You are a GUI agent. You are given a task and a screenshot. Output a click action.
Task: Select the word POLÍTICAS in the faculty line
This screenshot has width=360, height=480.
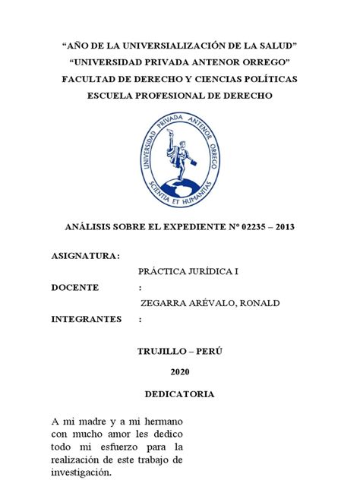point(267,79)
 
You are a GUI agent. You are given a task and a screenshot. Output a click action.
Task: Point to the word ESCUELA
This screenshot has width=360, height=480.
point(112,96)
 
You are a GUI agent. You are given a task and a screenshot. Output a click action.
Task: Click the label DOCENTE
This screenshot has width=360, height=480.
point(75,287)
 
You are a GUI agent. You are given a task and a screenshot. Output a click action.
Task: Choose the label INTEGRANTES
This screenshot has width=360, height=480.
point(86,319)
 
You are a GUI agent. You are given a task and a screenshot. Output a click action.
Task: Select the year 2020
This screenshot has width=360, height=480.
point(180,371)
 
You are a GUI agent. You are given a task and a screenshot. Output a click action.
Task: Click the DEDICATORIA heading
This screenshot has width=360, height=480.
point(180,394)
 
